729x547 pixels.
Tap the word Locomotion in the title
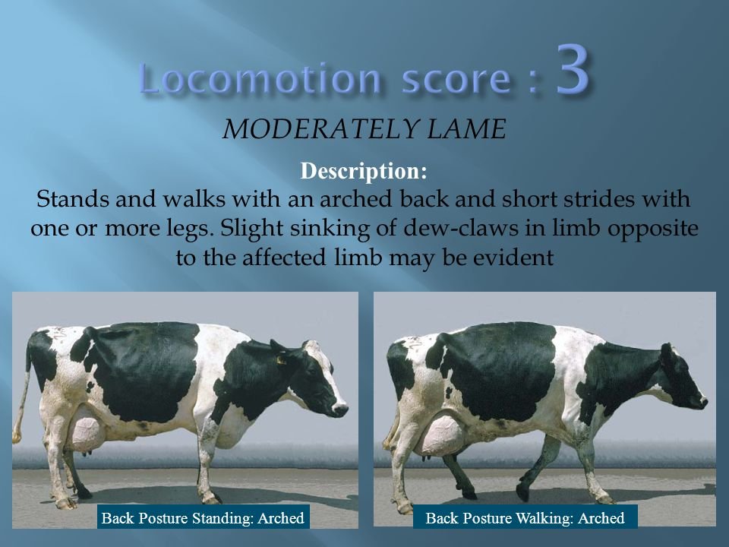[x=260, y=79]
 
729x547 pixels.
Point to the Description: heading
[x=364, y=171]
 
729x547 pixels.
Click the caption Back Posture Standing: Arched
[x=203, y=518]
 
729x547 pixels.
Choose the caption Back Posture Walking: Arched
[x=525, y=518]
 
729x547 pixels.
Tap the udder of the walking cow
[x=440, y=438]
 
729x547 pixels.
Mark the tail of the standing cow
[x=21, y=403]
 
